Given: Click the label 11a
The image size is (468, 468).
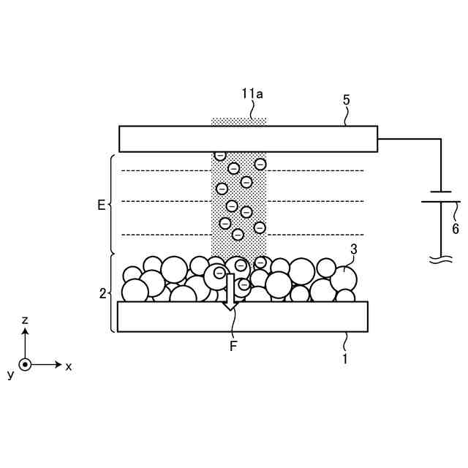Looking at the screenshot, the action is [252, 94].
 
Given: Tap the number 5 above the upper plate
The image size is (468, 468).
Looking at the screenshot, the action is [346, 100].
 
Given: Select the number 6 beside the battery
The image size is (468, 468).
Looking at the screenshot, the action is [455, 229].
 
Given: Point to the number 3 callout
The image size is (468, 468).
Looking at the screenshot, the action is [354, 249].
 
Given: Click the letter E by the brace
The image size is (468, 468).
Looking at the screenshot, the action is [102, 205].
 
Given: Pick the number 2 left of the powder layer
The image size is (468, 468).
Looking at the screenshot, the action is [102, 294].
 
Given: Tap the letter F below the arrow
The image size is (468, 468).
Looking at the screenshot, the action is [233, 346].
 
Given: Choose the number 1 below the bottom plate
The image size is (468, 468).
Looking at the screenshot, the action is [345, 359].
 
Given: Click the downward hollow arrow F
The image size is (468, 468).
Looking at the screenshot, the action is [230, 292].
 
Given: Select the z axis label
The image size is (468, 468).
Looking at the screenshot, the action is [26, 320].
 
